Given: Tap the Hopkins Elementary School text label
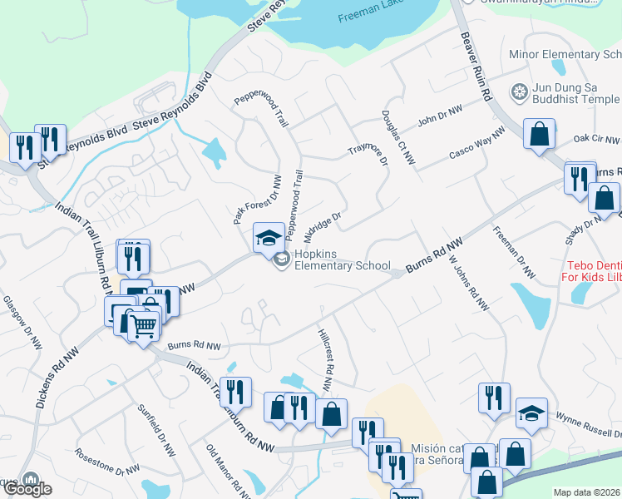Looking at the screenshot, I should point(338,259).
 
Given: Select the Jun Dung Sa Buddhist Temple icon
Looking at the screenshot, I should point(521,91).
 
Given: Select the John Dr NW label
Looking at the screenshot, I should point(440,116).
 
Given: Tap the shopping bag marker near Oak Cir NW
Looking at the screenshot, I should point(540,134).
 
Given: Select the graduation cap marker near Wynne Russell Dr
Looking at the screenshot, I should point(532,413).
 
